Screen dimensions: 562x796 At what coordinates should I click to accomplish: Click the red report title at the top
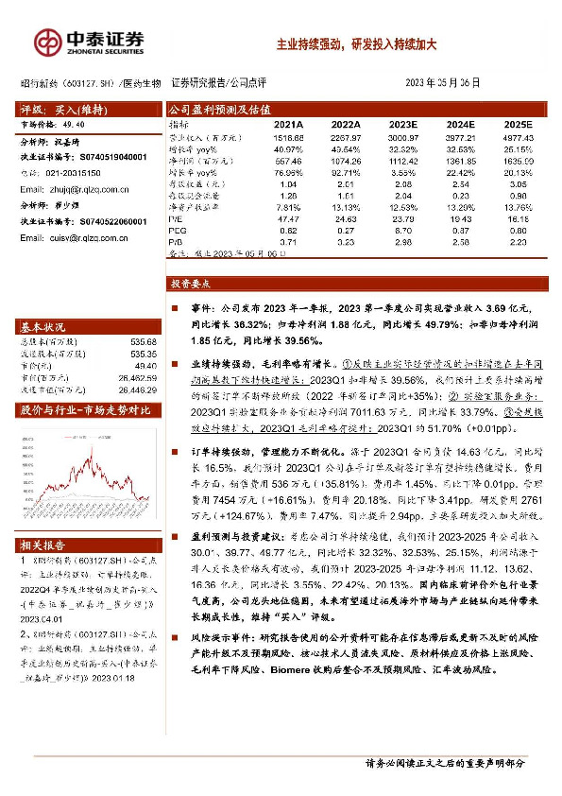(x=355, y=43)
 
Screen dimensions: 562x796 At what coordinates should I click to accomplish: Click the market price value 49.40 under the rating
(x=73, y=123)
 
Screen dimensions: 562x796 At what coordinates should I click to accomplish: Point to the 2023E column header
(x=402, y=124)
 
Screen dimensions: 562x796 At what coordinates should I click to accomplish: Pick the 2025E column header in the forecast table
(x=519, y=124)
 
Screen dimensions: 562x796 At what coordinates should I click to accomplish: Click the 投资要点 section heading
(x=193, y=283)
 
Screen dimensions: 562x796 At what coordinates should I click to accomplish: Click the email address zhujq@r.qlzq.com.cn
(x=87, y=189)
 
